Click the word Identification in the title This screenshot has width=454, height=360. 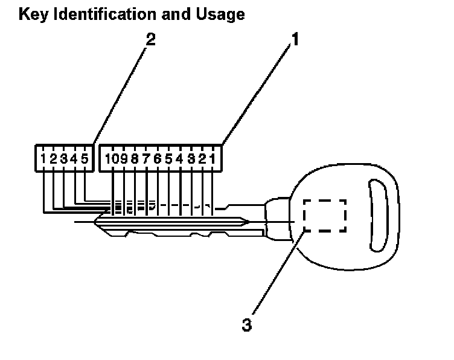click(x=100, y=14)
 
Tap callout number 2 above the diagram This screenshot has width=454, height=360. click(x=151, y=40)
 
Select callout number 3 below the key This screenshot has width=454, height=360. click(x=246, y=324)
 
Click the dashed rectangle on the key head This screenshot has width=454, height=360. click(x=325, y=216)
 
